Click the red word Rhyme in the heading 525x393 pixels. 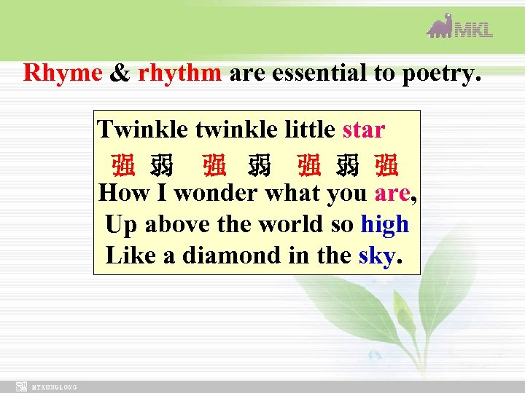63,73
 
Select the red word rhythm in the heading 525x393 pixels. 179,73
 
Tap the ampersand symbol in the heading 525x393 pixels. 119,73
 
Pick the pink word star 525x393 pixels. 362,130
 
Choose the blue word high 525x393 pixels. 384,224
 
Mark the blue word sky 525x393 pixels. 376,256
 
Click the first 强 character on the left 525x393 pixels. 122,167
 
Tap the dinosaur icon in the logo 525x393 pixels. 440,26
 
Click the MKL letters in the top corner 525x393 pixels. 474,29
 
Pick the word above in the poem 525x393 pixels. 173,224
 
